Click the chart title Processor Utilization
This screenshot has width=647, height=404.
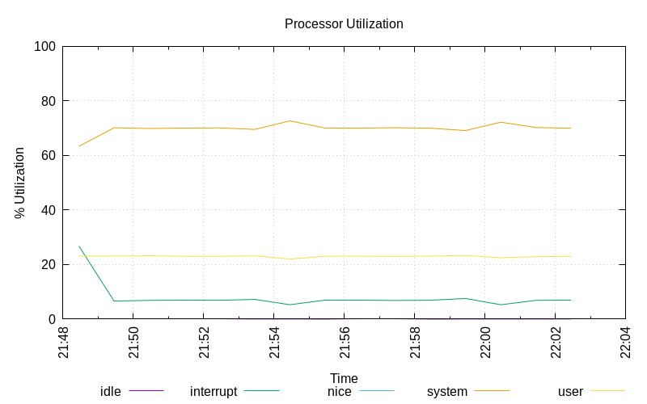(x=344, y=24)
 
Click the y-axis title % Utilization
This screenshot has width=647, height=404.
(x=19, y=183)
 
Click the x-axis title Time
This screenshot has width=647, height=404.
(x=344, y=378)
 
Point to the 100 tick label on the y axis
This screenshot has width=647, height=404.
(x=44, y=47)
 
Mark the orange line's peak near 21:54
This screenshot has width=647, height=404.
(x=290, y=120)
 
